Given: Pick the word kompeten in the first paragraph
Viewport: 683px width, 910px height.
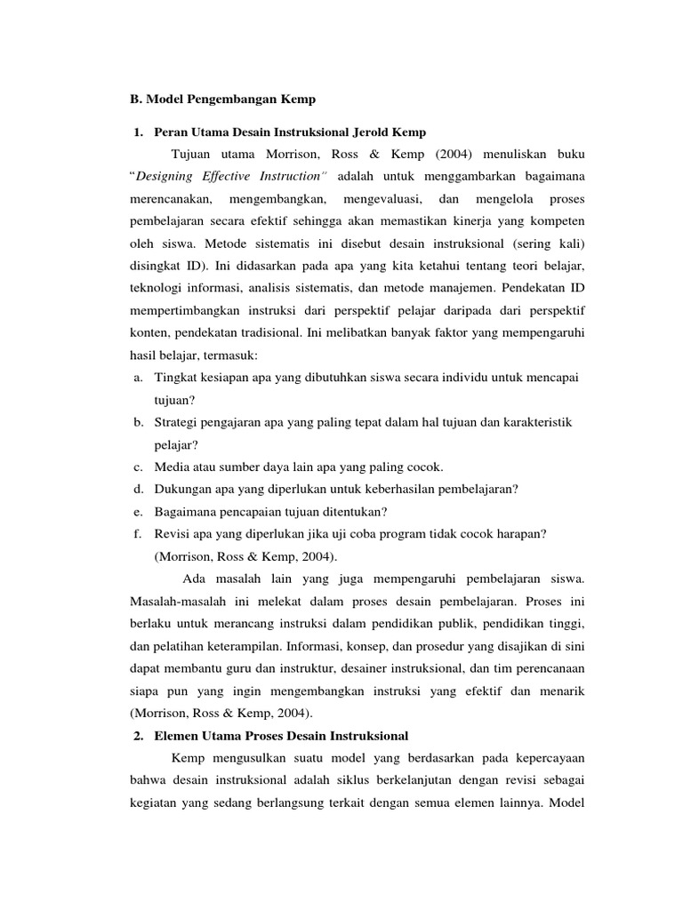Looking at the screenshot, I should (x=557, y=220).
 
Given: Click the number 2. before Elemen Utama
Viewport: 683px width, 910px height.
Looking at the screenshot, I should (x=138, y=736).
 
